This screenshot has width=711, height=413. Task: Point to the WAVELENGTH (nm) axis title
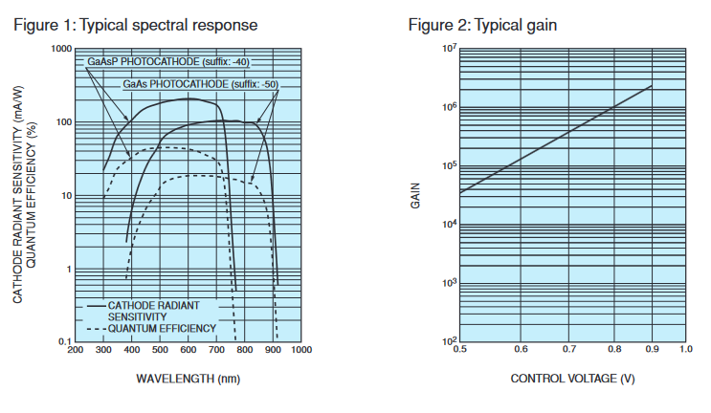coord(188,378)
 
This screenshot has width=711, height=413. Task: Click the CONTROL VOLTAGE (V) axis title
coord(572,378)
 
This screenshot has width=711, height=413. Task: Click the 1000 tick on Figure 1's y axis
coord(61,49)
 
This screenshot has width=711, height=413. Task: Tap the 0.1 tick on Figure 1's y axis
coord(64,342)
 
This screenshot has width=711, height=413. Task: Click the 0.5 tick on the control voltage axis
coord(460,351)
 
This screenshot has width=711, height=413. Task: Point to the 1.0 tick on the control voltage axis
coord(685,351)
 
